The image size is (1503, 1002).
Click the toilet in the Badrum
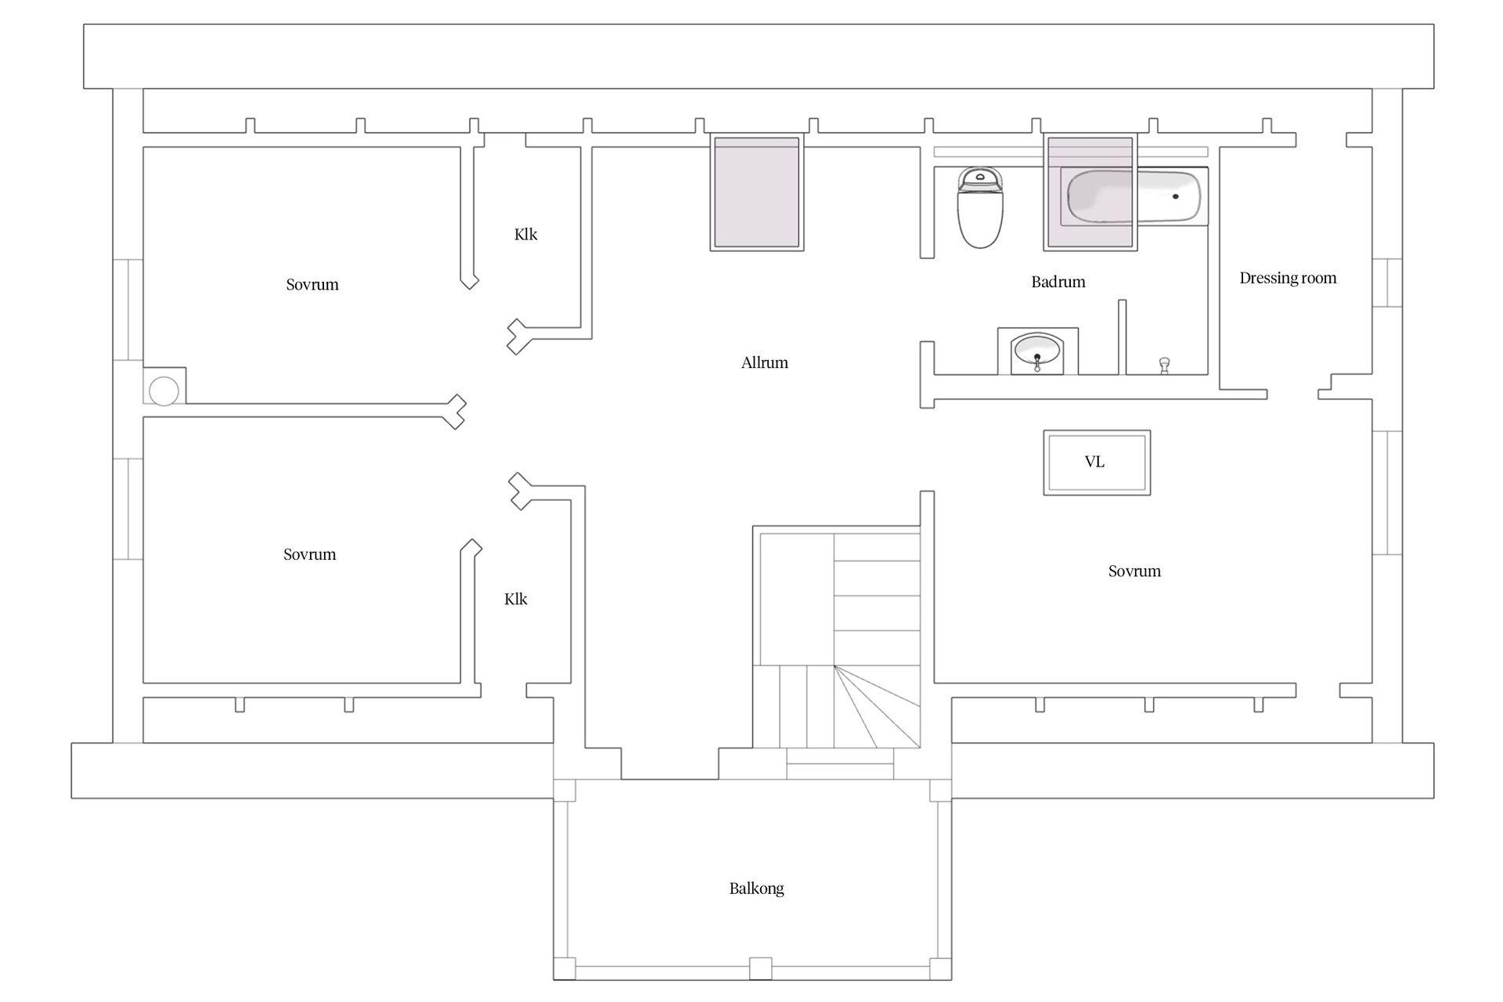[x=980, y=207]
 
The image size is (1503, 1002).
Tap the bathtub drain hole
[x=1175, y=196]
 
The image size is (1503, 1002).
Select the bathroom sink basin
[x=1037, y=351]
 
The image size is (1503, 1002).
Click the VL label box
[x=1097, y=462]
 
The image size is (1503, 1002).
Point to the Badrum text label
[x=1058, y=282]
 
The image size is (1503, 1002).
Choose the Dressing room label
[x=1288, y=278]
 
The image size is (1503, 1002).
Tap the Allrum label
[x=765, y=362]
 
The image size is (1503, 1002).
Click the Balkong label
[x=756, y=888]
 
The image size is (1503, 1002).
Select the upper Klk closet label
[x=526, y=234]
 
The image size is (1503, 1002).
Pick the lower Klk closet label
[x=516, y=599]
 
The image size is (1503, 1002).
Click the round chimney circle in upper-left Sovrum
[x=164, y=391]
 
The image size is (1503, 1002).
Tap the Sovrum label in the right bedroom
[x=1134, y=571]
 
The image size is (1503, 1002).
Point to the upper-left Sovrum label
[x=312, y=285]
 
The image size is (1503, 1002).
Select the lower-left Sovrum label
[x=310, y=554]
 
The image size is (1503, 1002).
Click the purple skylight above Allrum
[x=756, y=193]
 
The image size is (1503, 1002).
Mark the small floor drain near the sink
[x=1164, y=365]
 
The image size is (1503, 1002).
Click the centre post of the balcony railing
[x=760, y=968]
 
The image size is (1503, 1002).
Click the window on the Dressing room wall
[x=1386, y=283]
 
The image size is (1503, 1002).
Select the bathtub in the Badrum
[x=1134, y=196]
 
